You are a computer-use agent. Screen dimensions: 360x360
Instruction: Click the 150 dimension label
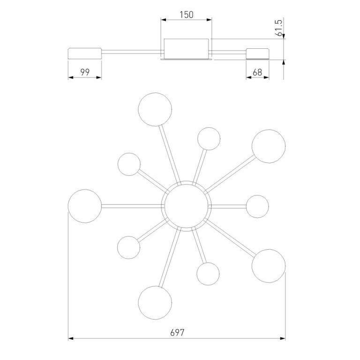187,15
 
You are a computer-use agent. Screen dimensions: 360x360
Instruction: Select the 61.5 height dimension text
279,28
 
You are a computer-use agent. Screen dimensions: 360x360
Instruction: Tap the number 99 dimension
85,72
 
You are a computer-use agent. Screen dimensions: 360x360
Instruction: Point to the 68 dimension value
257,72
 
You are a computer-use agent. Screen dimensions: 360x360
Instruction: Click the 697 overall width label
177,332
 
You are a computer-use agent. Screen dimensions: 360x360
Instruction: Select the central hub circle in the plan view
186,206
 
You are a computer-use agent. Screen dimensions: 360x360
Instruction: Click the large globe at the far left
85,206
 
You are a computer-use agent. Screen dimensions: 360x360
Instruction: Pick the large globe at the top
155,109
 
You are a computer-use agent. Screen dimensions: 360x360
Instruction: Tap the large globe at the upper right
269,146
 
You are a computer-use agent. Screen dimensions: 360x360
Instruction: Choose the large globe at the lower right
269,266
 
